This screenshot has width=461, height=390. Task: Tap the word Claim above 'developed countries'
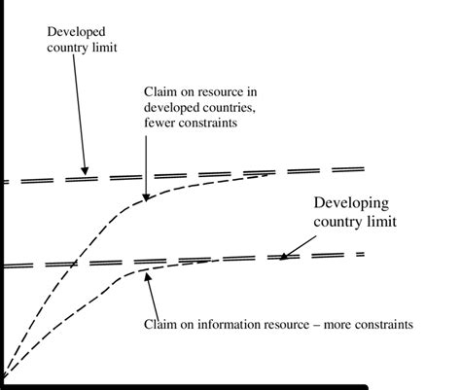click(160, 90)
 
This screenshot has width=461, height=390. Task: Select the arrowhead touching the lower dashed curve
click(147, 277)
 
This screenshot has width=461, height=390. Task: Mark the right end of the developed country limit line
click(363, 169)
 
